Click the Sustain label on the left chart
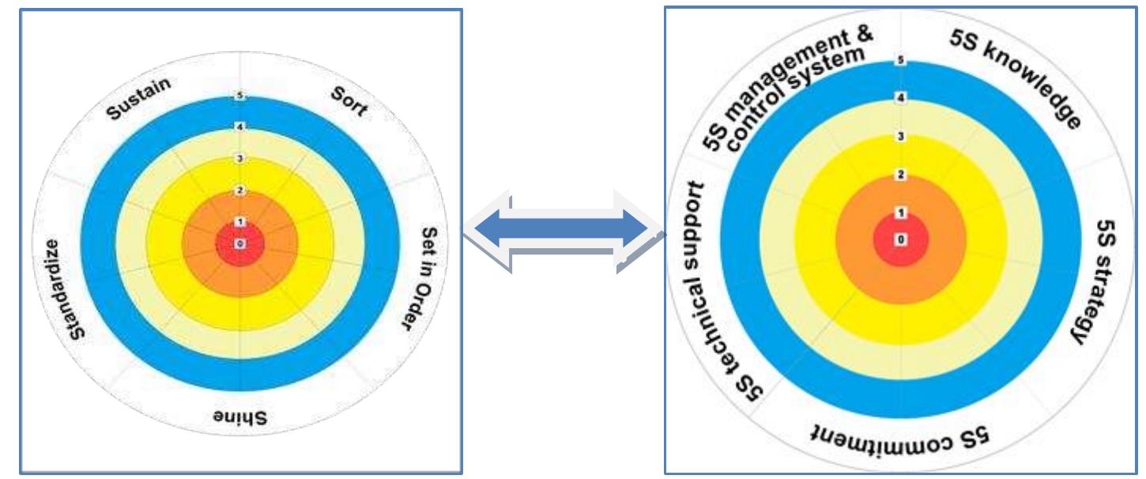tap(140, 100)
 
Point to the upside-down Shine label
tap(240, 417)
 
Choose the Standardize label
tap(60, 289)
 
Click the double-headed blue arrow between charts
tap(564, 231)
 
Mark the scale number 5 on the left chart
tap(239, 96)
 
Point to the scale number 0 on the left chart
tap(239, 244)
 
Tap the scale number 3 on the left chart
tap(239, 159)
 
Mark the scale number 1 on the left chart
tap(239, 222)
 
